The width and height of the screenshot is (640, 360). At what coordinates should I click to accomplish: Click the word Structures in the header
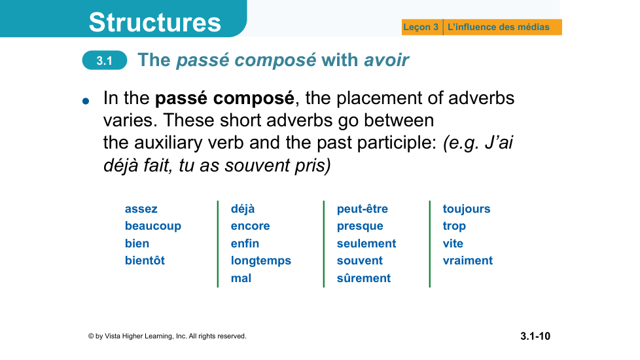tap(154, 22)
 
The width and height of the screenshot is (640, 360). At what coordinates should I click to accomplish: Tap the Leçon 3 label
tap(421, 27)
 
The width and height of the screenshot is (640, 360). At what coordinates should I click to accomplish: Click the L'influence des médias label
tap(499, 27)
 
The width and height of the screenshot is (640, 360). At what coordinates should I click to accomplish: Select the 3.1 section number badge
tap(105, 60)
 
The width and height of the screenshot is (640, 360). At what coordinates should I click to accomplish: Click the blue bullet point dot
tap(86, 101)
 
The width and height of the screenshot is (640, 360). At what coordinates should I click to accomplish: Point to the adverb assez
tap(141, 209)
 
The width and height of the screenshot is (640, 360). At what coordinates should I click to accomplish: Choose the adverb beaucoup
tap(153, 226)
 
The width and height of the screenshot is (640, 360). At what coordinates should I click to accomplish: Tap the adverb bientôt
tap(145, 261)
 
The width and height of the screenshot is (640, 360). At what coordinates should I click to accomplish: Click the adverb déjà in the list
tap(242, 209)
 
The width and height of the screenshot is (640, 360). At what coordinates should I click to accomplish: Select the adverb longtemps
tap(261, 261)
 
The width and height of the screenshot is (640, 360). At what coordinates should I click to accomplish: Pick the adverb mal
tap(241, 278)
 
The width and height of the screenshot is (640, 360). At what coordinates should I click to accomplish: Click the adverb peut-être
tap(363, 209)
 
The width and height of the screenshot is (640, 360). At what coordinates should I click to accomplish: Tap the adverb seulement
tap(366, 243)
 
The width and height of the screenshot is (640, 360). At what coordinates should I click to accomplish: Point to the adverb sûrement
tap(364, 278)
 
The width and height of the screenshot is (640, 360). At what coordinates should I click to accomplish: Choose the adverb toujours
tap(467, 209)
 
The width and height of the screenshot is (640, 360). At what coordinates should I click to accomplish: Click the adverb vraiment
tap(468, 261)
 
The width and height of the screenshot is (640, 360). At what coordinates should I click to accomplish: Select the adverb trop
tap(454, 226)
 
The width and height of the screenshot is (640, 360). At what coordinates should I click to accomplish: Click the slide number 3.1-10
tap(535, 336)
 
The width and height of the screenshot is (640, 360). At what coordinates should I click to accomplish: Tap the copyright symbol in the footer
tap(91, 336)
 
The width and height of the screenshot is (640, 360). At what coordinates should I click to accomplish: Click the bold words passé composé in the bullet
tap(224, 98)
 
